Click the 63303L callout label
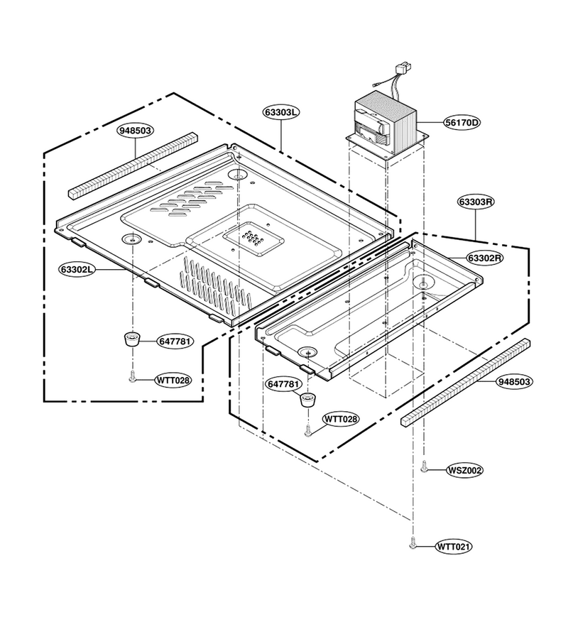tap(281, 112)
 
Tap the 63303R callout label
tap(476, 202)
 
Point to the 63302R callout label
tap(485, 258)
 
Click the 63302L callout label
tap(77, 269)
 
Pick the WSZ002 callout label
tap(464, 470)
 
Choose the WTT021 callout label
tap(454, 547)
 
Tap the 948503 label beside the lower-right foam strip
tap(514, 381)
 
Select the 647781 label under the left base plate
tap(175, 341)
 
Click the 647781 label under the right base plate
tap(285, 384)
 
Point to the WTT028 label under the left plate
tap(173, 381)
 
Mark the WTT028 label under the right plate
tap(341, 419)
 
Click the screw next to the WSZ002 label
tap(424, 466)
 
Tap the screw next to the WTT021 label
tap(413, 542)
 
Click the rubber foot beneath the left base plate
tap(131, 339)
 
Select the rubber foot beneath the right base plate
tap(308, 400)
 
